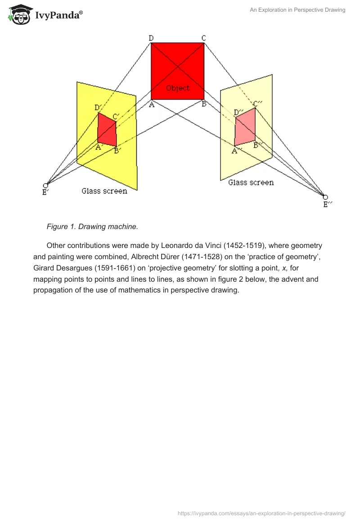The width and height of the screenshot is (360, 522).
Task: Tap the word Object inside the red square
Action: point(178,88)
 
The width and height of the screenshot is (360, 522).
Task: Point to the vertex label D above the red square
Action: point(151,38)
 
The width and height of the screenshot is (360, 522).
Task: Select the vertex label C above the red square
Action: point(203,38)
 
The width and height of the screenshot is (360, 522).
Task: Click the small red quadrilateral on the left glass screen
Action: point(107,130)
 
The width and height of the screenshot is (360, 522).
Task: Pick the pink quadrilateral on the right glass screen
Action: point(245,126)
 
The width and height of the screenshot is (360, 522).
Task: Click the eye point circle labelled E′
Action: point(45,185)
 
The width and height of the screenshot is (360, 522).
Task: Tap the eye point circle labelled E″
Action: point(325,197)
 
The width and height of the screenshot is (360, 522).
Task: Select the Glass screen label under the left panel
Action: point(104,191)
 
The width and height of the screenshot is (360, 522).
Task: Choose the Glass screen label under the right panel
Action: point(251,183)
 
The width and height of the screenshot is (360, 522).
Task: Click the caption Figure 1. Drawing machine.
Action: point(92,227)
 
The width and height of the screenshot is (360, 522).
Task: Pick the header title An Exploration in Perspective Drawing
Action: point(297,10)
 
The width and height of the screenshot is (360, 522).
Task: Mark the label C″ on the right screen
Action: point(257,104)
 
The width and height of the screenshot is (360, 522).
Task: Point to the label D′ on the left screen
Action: point(98,108)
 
